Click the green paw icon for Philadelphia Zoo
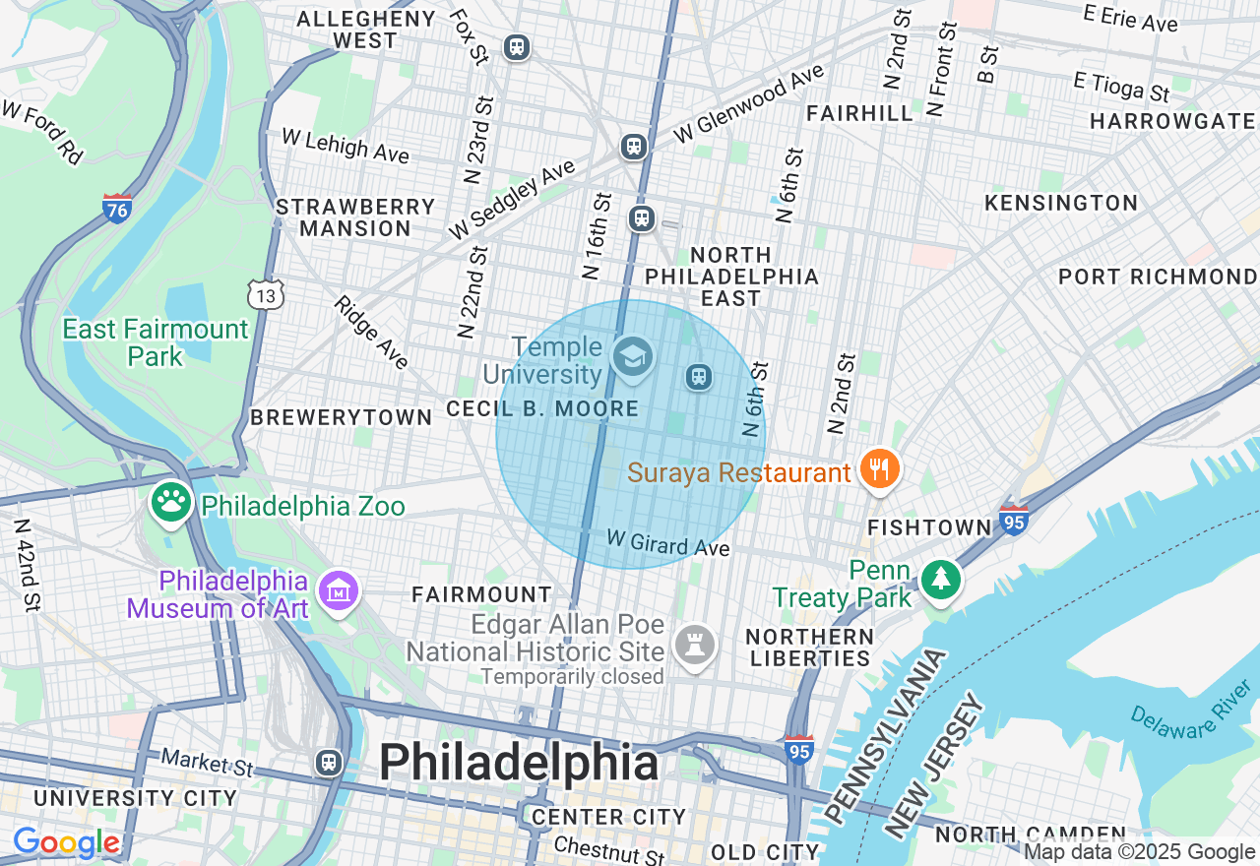pos(171,503)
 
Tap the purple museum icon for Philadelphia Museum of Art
pos(339,591)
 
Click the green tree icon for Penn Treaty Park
pos(941,580)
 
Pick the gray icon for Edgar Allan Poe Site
pos(695,647)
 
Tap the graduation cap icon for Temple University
pos(631,357)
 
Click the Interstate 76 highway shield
pos(117,209)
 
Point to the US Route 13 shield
pos(266,294)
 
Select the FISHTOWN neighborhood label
pos(929,528)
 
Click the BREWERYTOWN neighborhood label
pos(341,417)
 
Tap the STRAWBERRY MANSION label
pos(355,217)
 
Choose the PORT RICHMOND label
pos(1158,277)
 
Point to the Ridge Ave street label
pos(370,333)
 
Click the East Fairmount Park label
pos(156,342)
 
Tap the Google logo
pos(66,843)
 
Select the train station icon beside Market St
pos(328,762)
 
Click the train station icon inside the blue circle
pos(698,376)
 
